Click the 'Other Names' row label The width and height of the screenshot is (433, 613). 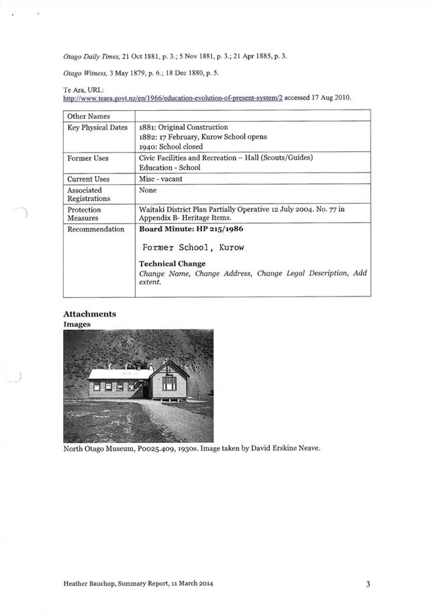pos(88,117)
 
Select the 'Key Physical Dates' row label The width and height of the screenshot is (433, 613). pos(97,128)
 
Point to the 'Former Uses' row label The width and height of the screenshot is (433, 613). pos(88,159)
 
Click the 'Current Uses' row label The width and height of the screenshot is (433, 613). pos(88,179)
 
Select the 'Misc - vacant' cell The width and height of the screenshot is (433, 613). pos(161,179)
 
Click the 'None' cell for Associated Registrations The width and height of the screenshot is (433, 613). pos(148,190)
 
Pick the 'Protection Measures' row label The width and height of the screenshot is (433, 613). pos(84,214)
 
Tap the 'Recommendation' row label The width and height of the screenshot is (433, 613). pos(96,229)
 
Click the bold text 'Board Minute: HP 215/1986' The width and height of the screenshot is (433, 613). pos(191,229)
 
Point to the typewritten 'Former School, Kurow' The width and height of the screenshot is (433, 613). pos(193,247)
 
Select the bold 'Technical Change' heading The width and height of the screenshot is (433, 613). pos(173,263)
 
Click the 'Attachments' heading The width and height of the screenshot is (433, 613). pos(89,315)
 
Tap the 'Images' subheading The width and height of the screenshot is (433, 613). pos(77,324)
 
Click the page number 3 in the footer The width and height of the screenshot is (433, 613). pos(369,583)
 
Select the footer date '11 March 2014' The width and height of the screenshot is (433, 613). pos(192,583)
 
